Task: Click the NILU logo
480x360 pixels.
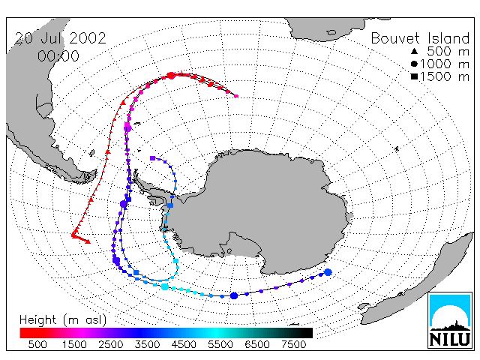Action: (450, 320)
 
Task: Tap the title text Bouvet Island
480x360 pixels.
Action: (420, 38)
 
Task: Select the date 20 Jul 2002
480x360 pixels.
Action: (60, 38)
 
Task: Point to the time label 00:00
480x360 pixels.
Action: (58, 56)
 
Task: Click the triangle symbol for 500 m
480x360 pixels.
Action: (414, 51)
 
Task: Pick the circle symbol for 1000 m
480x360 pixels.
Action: (414, 64)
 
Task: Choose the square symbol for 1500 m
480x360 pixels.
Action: (414, 76)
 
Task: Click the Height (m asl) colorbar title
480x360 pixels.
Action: (63, 320)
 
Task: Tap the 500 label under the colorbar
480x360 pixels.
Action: (37, 344)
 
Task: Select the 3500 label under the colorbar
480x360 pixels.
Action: (147, 344)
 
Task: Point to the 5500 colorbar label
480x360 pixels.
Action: (220, 344)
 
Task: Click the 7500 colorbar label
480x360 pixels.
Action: (293, 344)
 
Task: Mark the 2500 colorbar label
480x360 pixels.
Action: (111, 344)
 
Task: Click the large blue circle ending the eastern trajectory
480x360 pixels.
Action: (328, 272)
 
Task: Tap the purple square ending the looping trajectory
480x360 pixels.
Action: (152, 158)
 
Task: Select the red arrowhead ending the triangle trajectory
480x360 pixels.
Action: (88, 241)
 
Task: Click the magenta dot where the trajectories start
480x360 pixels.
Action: (236, 96)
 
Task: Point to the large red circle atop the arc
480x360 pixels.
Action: (170, 76)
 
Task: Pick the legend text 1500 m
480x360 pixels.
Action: (445, 76)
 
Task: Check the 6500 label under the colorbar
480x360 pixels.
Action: (257, 344)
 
